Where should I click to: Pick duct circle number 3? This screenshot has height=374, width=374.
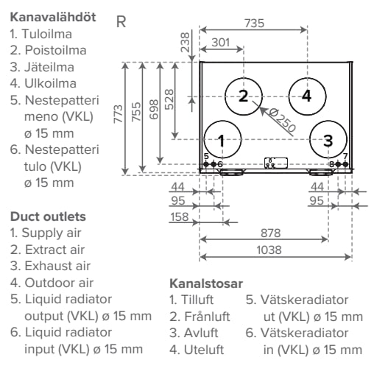[x=328, y=138]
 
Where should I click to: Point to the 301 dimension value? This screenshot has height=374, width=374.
[x=221, y=42]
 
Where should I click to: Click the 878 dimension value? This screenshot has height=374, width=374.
[x=271, y=232]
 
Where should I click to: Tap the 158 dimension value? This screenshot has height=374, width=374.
[x=179, y=217]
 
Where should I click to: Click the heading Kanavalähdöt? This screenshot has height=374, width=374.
[x=52, y=16]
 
